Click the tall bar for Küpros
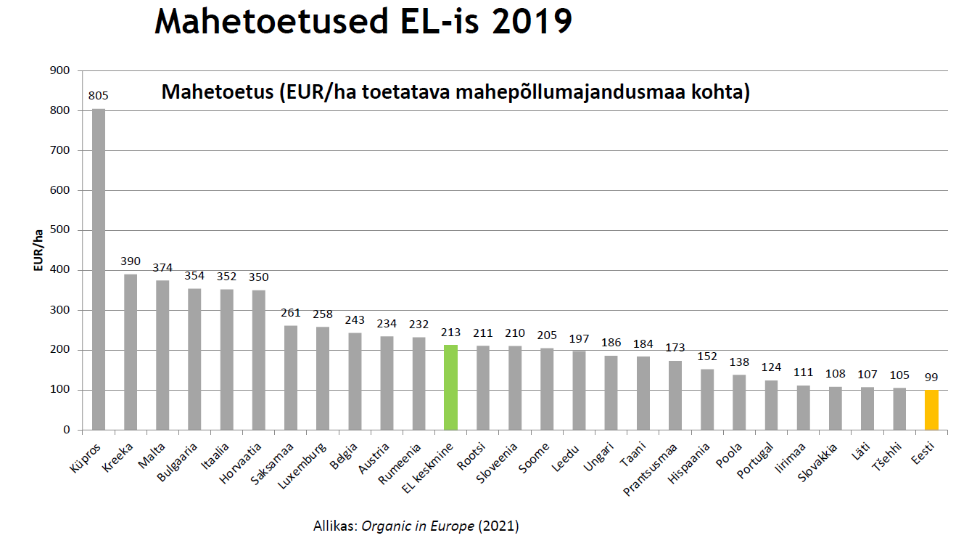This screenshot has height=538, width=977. tap(99, 269)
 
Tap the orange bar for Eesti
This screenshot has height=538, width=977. tap(931, 410)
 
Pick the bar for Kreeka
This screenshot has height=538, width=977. tap(131, 351)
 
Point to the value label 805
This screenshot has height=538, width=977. tap(99, 95)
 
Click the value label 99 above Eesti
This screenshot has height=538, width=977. tap(931, 378)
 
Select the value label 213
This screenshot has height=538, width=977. tap(451, 333)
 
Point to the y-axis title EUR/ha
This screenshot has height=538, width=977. tap(38, 250)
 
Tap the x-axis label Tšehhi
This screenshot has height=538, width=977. tap(889, 457)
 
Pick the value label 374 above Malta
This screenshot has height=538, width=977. tap(163, 267)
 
